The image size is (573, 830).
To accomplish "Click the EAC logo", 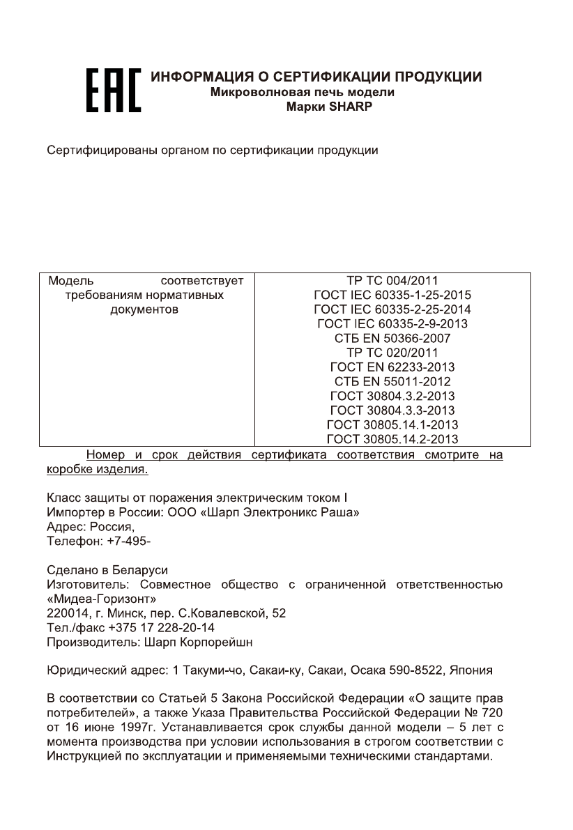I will [x=113, y=91].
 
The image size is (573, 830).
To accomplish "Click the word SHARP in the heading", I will [x=353, y=107].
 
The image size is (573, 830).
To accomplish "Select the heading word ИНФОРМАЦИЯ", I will [x=198, y=77].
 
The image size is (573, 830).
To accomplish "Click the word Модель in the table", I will [x=68, y=282].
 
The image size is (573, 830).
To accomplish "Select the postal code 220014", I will [x=65, y=613].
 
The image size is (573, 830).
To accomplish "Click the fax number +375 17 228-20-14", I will [x=151, y=628].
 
